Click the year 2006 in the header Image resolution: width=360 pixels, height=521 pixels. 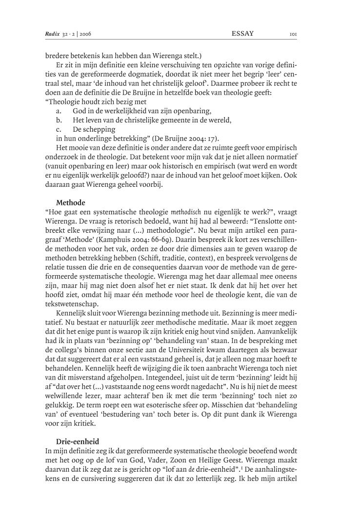(x=87, y=33)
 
